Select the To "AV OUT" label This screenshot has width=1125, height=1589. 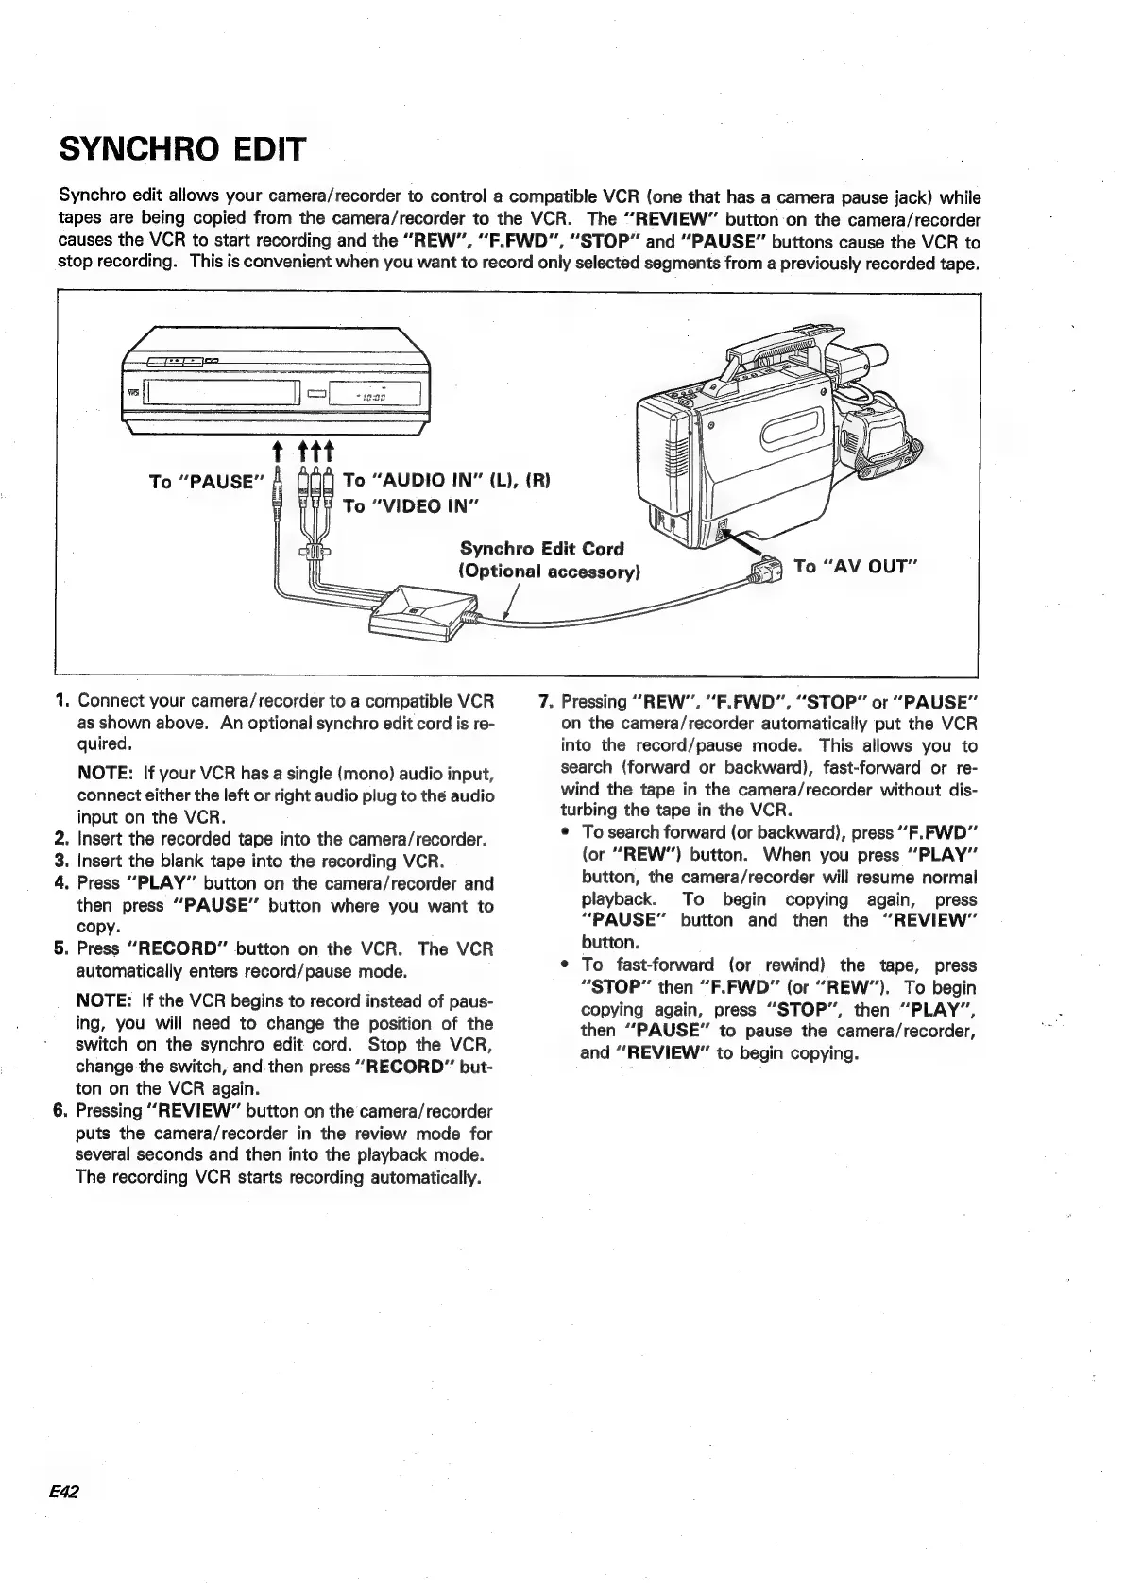pyautogui.click(x=856, y=566)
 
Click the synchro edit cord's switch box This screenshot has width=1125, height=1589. pyautogui.click(x=416, y=611)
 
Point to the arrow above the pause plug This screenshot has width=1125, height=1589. pyautogui.click(x=275, y=449)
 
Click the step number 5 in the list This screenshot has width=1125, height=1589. pyautogui.click(x=60, y=948)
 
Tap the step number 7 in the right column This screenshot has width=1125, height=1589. pyautogui.click(x=543, y=702)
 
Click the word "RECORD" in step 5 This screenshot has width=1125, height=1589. pyautogui.click(x=179, y=948)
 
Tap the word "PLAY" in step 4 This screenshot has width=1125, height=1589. pyautogui.click(x=160, y=883)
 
